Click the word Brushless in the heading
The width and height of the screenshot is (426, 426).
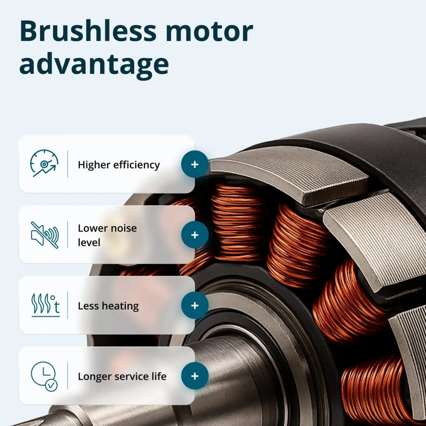pyautogui.click(x=88, y=31)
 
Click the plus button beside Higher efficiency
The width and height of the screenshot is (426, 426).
pyautogui.click(x=195, y=164)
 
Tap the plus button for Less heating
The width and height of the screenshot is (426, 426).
pyautogui.click(x=195, y=305)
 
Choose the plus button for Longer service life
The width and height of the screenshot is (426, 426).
pyautogui.click(x=195, y=376)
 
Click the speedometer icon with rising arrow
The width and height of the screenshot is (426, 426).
pyautogui.click(x=44, y=164)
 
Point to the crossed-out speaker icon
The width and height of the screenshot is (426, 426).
pyautogui.click(x=45, y=235)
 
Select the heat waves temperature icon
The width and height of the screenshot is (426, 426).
pyautogui.click(x=45, y=305)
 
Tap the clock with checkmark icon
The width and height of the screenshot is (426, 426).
pyautogui.click(x=44, y=376)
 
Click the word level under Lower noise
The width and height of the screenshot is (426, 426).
pyautogui.click(x=89, y=242)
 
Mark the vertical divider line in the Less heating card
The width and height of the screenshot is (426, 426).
pyautogui.click(x=67, y=305)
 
